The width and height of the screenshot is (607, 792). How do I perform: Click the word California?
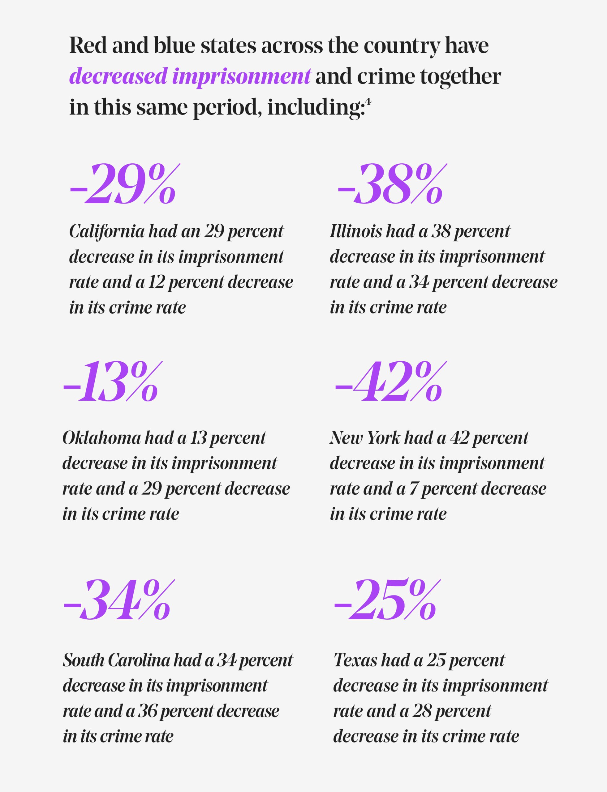pos(107,231)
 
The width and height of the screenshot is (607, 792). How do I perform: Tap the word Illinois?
pos(355,231)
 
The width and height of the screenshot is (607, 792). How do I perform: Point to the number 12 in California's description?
pos(156,282)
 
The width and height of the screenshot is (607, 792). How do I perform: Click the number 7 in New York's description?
pos(413,489)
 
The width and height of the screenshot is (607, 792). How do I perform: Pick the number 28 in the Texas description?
pos(422,711)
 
